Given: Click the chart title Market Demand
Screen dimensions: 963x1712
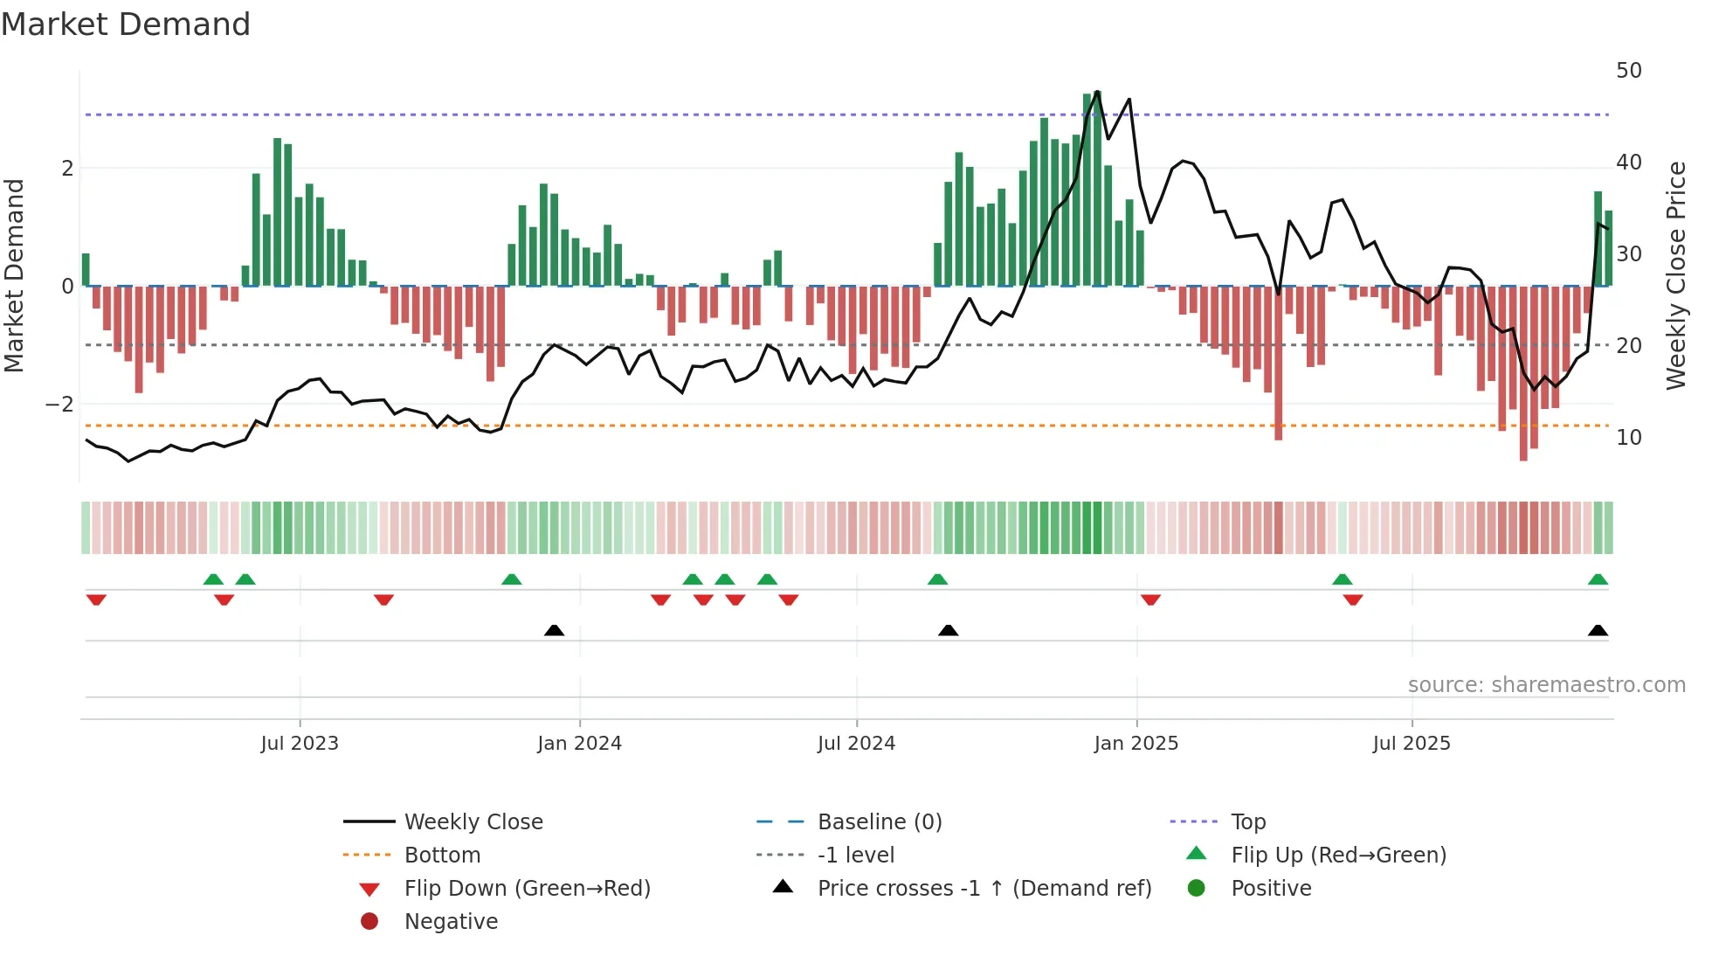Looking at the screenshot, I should tap(126, 24).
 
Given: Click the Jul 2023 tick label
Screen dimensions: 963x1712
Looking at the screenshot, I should tap(300, 744).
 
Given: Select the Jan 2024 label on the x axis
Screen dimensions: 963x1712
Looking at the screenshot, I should tap(579, 744).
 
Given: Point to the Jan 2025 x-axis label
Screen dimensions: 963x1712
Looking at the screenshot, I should tap(1136, 744).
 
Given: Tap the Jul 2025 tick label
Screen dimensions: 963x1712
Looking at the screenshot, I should tap(1412, 744).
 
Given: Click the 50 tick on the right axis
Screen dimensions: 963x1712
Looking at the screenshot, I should tap(1628, 71).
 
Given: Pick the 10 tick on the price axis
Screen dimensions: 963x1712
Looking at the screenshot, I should tap(1628, 438).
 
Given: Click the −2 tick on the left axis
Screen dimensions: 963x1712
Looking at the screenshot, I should tap(59, 405).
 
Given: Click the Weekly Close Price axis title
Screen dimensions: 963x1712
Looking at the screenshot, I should tap(1675, 275).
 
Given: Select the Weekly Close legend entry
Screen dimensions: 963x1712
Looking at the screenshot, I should tap(473, 822).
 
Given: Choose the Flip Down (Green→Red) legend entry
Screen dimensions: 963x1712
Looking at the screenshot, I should tap(527, 889).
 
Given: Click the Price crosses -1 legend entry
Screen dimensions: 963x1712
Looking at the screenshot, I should tap(984, 889).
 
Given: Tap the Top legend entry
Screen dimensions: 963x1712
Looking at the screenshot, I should tap(1248, 822).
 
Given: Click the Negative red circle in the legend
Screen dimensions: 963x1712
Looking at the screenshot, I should tap(369, 921).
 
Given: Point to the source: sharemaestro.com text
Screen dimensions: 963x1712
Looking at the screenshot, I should tap(1546, 685).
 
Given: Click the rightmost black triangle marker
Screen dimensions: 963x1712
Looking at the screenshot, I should tap(1598, 630).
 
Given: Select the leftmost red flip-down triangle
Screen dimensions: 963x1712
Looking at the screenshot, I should tap(96, 599).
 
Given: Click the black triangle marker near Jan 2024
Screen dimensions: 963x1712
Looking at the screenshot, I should tap(554, 630).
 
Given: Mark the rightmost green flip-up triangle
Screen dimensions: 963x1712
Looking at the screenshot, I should tap(1598, 579).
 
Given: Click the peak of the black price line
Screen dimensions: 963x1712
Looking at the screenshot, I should tap(1097, 92).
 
